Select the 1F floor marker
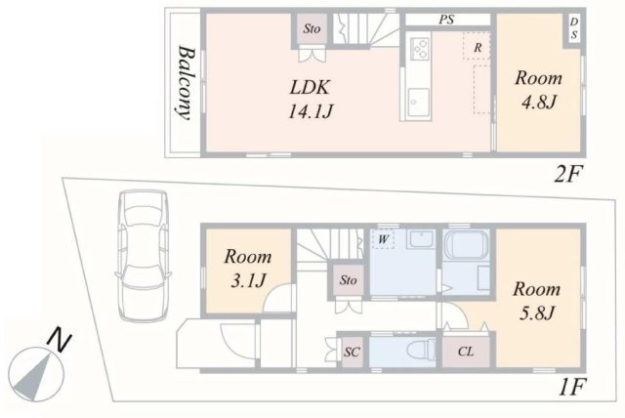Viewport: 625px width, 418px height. pos(570,387)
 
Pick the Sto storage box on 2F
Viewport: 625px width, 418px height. pos(312,29)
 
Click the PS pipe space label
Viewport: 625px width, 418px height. pos(444,19)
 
